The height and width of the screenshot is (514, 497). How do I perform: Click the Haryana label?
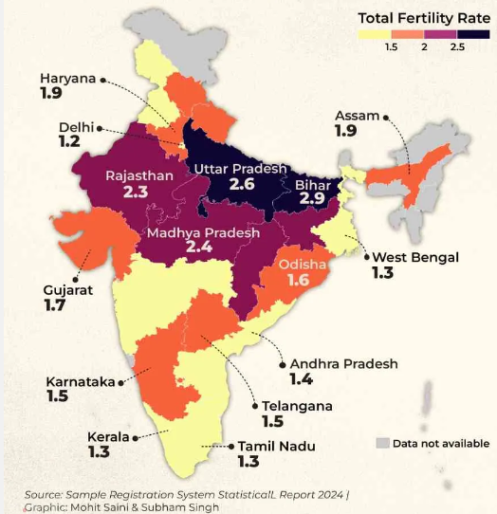click(68, 79)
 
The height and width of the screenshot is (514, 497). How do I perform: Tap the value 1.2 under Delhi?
click(69, 141)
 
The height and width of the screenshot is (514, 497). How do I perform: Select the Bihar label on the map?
click(313, 185)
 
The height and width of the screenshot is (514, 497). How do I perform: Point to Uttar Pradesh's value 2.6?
click(242, 184)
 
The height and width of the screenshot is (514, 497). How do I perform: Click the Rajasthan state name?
click(139, 176)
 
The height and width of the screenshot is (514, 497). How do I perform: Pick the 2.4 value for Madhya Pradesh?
click(199, 247)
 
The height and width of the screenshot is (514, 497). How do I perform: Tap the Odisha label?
click(303, 265)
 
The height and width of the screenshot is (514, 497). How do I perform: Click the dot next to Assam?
click(386, 117)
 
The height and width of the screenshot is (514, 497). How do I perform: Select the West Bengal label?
click(415, 257)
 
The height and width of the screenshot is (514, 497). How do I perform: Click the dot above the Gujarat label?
click(76, 280)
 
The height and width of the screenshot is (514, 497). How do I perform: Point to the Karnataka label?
click(81, 382)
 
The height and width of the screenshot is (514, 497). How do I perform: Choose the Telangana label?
click(298, 407)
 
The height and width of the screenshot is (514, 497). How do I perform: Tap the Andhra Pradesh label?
click(344, 364)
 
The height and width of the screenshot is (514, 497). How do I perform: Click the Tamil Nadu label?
click(277, 447)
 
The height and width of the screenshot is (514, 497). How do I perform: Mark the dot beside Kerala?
click(135, 438)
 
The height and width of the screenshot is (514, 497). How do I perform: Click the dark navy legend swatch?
click(473, 34)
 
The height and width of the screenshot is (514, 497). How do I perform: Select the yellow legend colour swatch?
click(375, 34)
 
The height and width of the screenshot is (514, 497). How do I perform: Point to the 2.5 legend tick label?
click(457, 46)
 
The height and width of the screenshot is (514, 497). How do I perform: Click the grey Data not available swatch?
click(382, 443)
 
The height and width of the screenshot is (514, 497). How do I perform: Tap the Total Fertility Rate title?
click(424, 18)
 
